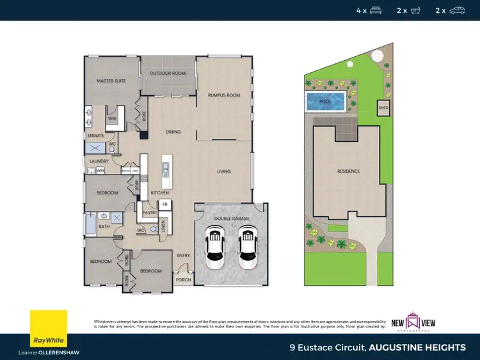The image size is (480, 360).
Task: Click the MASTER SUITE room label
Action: (110, 81)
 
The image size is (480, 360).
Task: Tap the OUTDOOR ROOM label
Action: (168, 74)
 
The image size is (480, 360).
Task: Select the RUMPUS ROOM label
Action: (224, 95)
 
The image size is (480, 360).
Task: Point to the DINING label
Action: (173, 132)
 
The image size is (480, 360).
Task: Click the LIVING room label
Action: (223, 171)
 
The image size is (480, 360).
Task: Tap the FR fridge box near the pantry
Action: (164, 205)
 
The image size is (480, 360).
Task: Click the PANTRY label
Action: (151, 212)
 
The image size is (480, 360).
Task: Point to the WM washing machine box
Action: (100, 171)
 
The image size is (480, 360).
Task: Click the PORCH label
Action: (183, 279)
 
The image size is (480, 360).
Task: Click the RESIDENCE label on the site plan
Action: (349, 171)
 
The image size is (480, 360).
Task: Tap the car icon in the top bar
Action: (457, 10)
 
